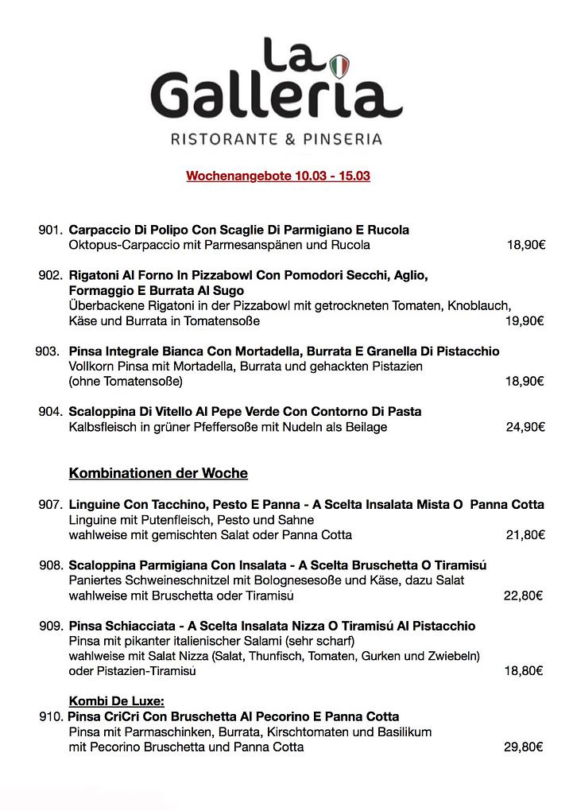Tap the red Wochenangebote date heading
tap(278, 176)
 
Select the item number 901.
tap(50, 230)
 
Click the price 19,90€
tap(525, 321)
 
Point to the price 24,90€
tap(525, 427)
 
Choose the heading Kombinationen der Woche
tap(158, 474)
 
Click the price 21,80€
tap(525, 534)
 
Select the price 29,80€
tap(524, 747)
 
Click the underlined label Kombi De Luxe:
tap(117, 700)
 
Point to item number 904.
tap(50, 412)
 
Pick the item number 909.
tap(50, 627)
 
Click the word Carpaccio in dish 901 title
tap(100, 230)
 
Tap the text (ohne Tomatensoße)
tap(126, 382)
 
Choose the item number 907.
tap(50, 504)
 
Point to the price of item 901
tap(525, 245)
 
